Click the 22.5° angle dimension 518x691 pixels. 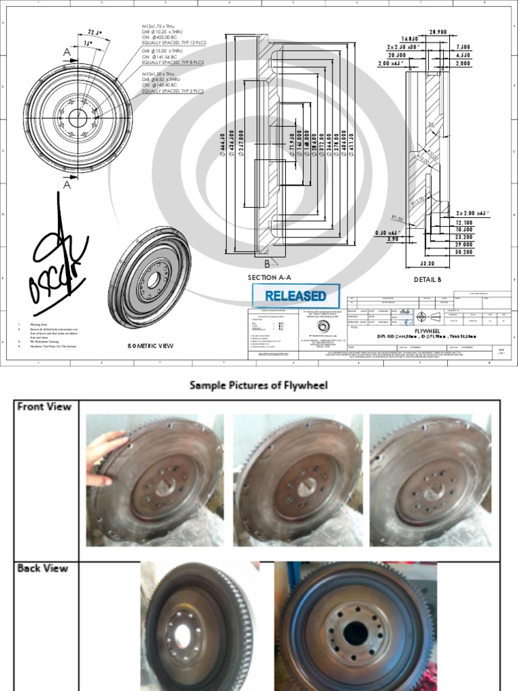pyautogui.click(x=93, y=31)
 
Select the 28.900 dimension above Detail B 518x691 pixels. pyautogui.click(x=438, y=32)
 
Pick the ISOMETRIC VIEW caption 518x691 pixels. pyautogui.click(x=150, y=345)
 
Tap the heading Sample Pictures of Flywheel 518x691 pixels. pyautogui.click(x=258, y=385)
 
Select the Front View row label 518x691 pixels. pyautogui.click(x=41, y=406)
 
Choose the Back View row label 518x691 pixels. pyautogui.click(x=42, y=568)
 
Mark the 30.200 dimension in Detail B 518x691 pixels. pyautogui.click(x=463, y=252)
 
